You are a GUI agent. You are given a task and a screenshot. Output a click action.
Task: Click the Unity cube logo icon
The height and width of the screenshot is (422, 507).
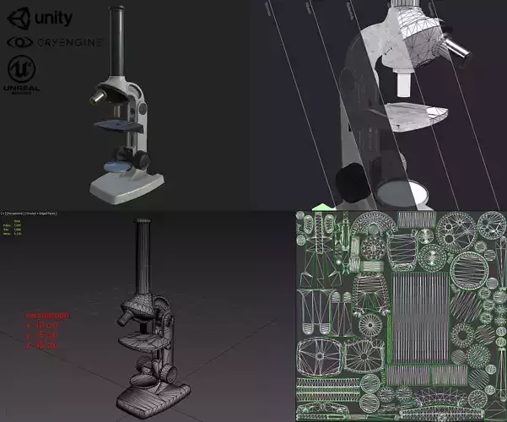(18, 18)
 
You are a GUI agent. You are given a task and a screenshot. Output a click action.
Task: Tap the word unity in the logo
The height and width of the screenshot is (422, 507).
(52, 18)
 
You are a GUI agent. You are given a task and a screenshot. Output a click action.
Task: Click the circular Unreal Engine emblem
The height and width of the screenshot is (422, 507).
(20, 68)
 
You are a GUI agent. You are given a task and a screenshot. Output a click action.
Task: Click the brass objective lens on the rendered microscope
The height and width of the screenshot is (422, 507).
(98, 99)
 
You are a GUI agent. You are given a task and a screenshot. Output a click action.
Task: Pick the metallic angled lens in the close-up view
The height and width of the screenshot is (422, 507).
(452, 46)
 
